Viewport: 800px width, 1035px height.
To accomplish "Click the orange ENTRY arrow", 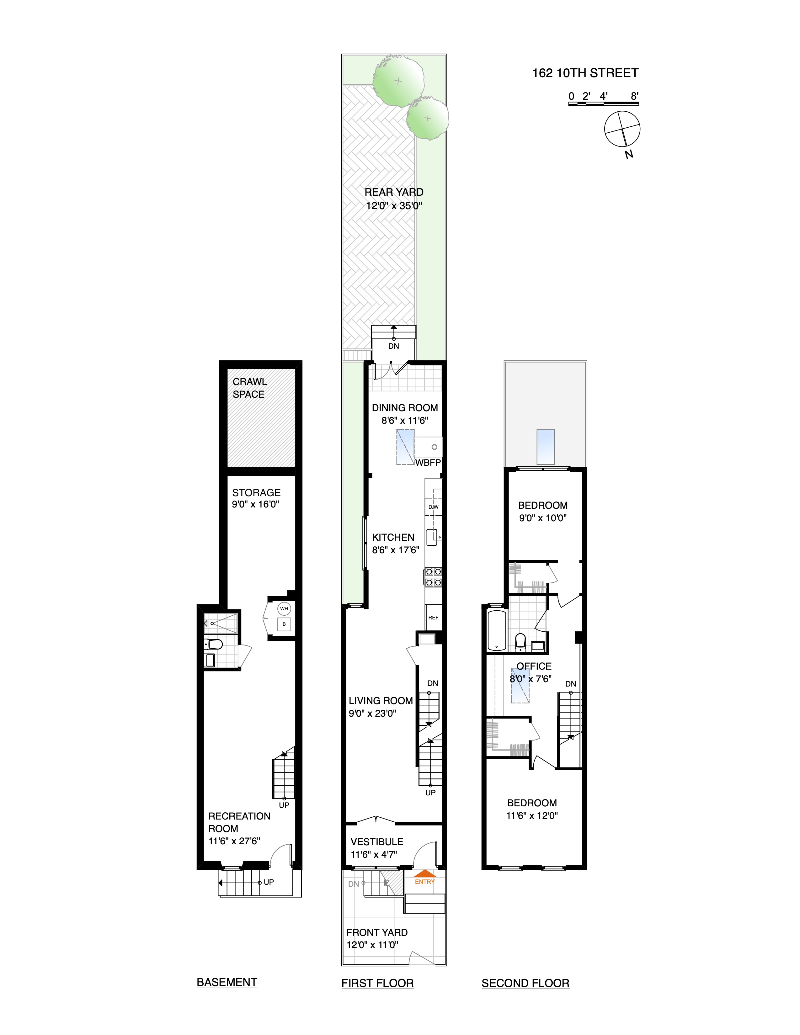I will (x=425, y=874).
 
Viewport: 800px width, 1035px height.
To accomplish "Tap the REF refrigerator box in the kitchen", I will (x=433, y=618).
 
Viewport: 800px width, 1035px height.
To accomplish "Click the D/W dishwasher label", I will (x=433, y=507).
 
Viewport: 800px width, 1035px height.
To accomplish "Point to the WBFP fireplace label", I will (x=428, y=463).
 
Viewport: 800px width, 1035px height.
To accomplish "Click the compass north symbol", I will (x=622, y=129).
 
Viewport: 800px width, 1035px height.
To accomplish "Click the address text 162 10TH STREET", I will (x=585, y=73).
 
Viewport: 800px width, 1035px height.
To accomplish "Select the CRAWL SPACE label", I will (x=249, y=388).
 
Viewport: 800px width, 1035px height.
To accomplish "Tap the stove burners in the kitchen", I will (x=433, y=577).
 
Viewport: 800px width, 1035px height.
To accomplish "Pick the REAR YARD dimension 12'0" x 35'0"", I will (x=394, y=206).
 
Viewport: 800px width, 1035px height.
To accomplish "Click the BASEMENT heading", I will (x=227, y=982).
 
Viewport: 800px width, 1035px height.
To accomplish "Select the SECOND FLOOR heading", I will (x=525, y=983).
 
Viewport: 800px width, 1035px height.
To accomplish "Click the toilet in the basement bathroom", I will (x=214, y=644).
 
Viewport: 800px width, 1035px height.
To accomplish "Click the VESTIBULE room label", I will (x=377, y=842).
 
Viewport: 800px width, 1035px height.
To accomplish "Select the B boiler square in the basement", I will (x=284, y=624).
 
